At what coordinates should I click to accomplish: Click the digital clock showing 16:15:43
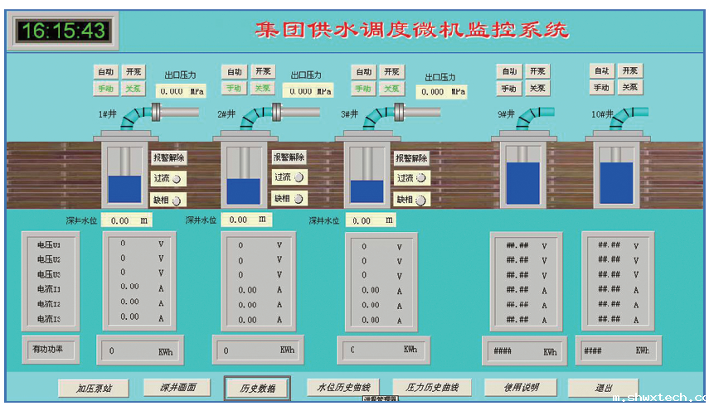pyautogui.click(x=63, y=31)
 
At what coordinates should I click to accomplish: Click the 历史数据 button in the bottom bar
pyautogui.click(x=257, y=388)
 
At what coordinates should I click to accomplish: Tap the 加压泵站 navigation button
pyautogui.click(x=94, y=388)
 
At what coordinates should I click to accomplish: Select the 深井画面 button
pyautogui.click(x=177, y=387)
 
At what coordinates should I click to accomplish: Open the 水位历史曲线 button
pyautogui.click(x=342, y=387)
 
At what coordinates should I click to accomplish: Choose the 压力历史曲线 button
pyautogui.click(x=431, y=387)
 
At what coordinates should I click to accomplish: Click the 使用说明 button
pyautogui.click(x=521, y=387)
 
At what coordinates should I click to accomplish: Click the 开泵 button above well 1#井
pyautogui.click(x=134, y=71)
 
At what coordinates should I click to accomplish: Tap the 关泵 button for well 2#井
pyautogui.click(x=262, y=88)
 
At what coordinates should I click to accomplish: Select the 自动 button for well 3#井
pyautogui.click(x=363, y=72)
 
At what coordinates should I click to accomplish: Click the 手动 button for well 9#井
pyautogui.click(x=508, y=88)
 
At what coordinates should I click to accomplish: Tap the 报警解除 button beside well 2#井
pyautogui.click(x=289, y=157)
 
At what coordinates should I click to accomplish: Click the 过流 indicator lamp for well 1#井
pyautogui.click(x=176, y=178)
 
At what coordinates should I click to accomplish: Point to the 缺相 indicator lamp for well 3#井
pyautogui.click(x=420, y=200)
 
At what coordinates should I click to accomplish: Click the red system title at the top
pyautogui.click(x=411, y=31)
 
